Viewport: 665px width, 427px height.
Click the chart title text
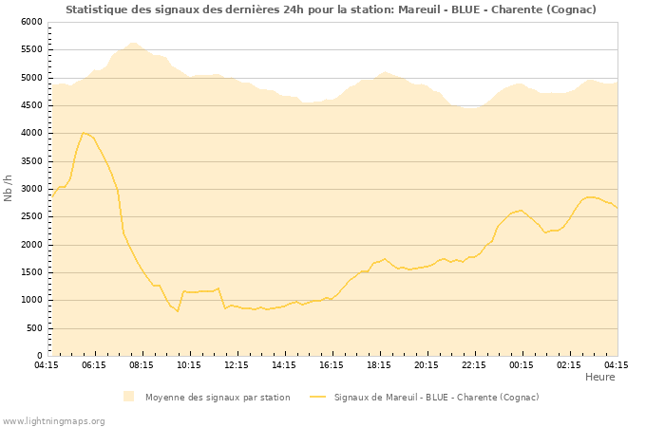pyautogui.click(x=331, y=9)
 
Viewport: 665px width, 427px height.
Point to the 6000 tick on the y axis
pyautogui.click(x=31, y=22)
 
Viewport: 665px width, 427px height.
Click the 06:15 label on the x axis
pyautogui.click(x=94, y=364)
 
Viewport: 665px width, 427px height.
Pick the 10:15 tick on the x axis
pyautogui.click(x=189, y=364)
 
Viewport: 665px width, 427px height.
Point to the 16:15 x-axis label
pyautogui.click(x=332, y=364)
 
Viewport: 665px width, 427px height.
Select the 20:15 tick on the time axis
pyautogui.click(x=427, y=364)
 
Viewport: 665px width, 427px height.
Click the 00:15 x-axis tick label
pyautogui.click(x=522, y=364)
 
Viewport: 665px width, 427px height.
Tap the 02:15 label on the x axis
pyautogui.click(x=569, y=364)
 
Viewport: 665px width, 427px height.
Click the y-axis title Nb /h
pyautogui.click(x=9, y=188)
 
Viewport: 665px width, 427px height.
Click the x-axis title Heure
pyautogui.click(x=599, y=377)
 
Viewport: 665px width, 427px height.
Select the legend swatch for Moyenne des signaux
pyautogui.click(x=129, y=397)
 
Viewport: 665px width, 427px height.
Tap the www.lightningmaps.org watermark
pyautogui.click(x=54, y=420)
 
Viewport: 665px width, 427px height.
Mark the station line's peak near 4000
pyautogui.click(x=85, y=133)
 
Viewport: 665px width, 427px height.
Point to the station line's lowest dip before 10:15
pyautogui.click(x=177, y=311)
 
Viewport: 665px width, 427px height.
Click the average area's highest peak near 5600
pyautogui.click(x=132, y=43)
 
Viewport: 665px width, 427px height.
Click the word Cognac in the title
pyautogui.click(x=570, y=9)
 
